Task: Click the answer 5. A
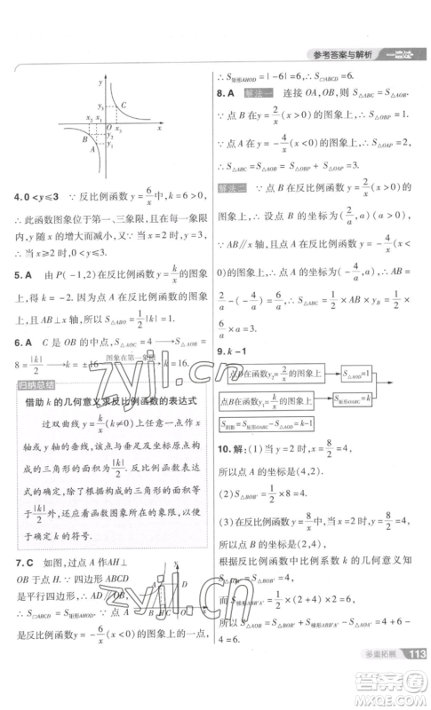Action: pos(23,272)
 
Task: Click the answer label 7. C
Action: pos(23,563)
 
